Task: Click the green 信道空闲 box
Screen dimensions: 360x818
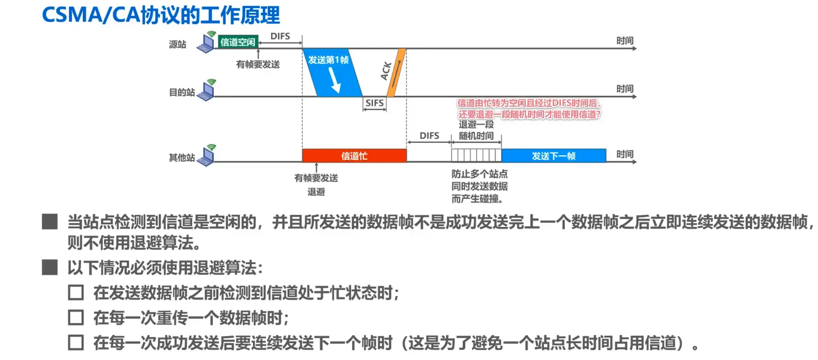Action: [x=238, y=42]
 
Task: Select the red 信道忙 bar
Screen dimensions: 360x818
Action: [x=354, y=156]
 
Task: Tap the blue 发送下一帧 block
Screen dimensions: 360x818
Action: [x=554, y=156]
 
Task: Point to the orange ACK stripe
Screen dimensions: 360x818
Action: [x=397, y=73]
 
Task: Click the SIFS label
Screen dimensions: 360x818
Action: [x=374, y=103]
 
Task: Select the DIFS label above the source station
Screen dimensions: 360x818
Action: [x=280, y=36]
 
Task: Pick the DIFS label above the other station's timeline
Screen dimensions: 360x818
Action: [x=429, y=136]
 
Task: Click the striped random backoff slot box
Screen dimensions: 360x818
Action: [x=476, y=156]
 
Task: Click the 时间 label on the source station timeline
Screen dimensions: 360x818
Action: [x=625, y=41]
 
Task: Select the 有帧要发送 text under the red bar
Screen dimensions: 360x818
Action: [x=316, y=178]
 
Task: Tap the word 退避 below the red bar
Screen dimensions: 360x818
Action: [x=316, y=192]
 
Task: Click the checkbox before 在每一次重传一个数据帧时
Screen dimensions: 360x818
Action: [x=76, y=318]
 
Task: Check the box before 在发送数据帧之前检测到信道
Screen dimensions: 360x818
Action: [x=76, y=293]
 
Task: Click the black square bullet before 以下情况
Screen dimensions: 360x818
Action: [x=50, y=267]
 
